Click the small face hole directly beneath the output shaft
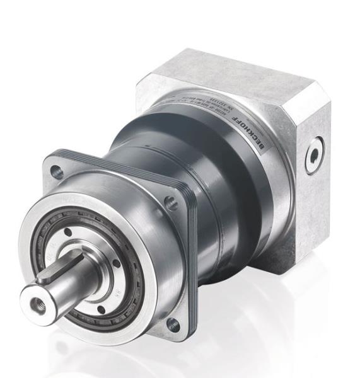100,309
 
